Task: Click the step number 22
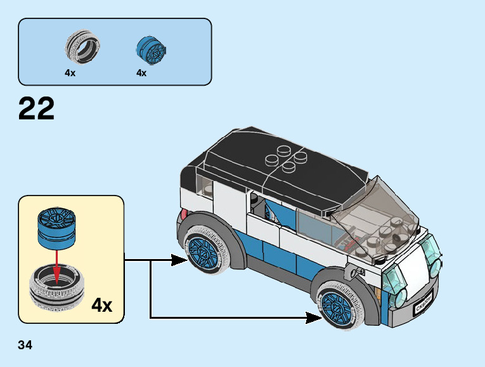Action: [37, 109]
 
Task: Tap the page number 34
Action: [25, 345]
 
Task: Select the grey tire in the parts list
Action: [83, 48]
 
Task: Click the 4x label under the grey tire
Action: [70, 73]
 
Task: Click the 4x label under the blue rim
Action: [141, 73]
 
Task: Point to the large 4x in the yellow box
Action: [101, 305]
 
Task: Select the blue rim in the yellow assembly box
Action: [56, 228]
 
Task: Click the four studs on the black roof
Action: [283, 158]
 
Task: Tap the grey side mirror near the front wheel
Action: [351, 274]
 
